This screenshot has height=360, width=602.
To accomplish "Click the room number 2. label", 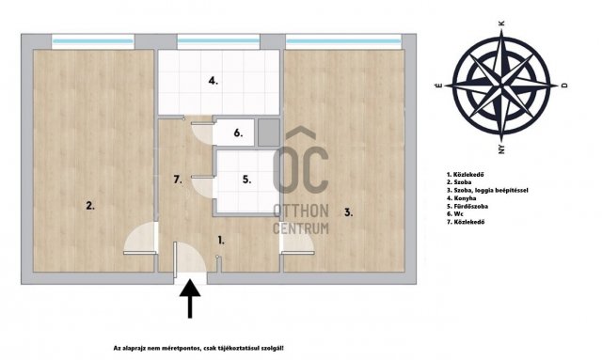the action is point(90,206).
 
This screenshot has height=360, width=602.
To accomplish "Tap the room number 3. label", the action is point(348,212).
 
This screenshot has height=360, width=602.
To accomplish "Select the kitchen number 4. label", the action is point(214,81).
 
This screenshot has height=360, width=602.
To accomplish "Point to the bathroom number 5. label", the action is point(246,180).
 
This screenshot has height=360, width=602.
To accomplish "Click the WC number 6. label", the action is point(238,133).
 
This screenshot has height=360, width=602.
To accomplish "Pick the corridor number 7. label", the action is point(178,180).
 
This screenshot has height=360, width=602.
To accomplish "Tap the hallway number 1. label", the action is point(221,241).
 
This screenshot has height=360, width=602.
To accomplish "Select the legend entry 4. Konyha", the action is point(461,198).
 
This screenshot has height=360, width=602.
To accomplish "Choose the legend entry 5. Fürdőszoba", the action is point(467,206).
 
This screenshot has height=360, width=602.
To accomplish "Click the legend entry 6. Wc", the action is point(455,213).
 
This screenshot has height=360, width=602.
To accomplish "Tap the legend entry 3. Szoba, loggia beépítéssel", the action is point(487,191).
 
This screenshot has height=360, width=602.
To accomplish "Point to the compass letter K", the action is point(501,23).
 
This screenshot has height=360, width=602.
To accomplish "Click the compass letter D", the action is point(564,86).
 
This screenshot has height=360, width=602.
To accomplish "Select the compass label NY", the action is point(501,149).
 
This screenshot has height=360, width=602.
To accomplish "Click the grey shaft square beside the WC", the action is point(269,133).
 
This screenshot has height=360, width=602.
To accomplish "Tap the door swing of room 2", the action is point(140,238).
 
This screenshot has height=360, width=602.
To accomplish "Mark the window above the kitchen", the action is point(218,40).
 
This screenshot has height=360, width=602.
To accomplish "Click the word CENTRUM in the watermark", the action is point(301,228).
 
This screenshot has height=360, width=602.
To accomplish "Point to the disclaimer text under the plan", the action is point(198,348).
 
